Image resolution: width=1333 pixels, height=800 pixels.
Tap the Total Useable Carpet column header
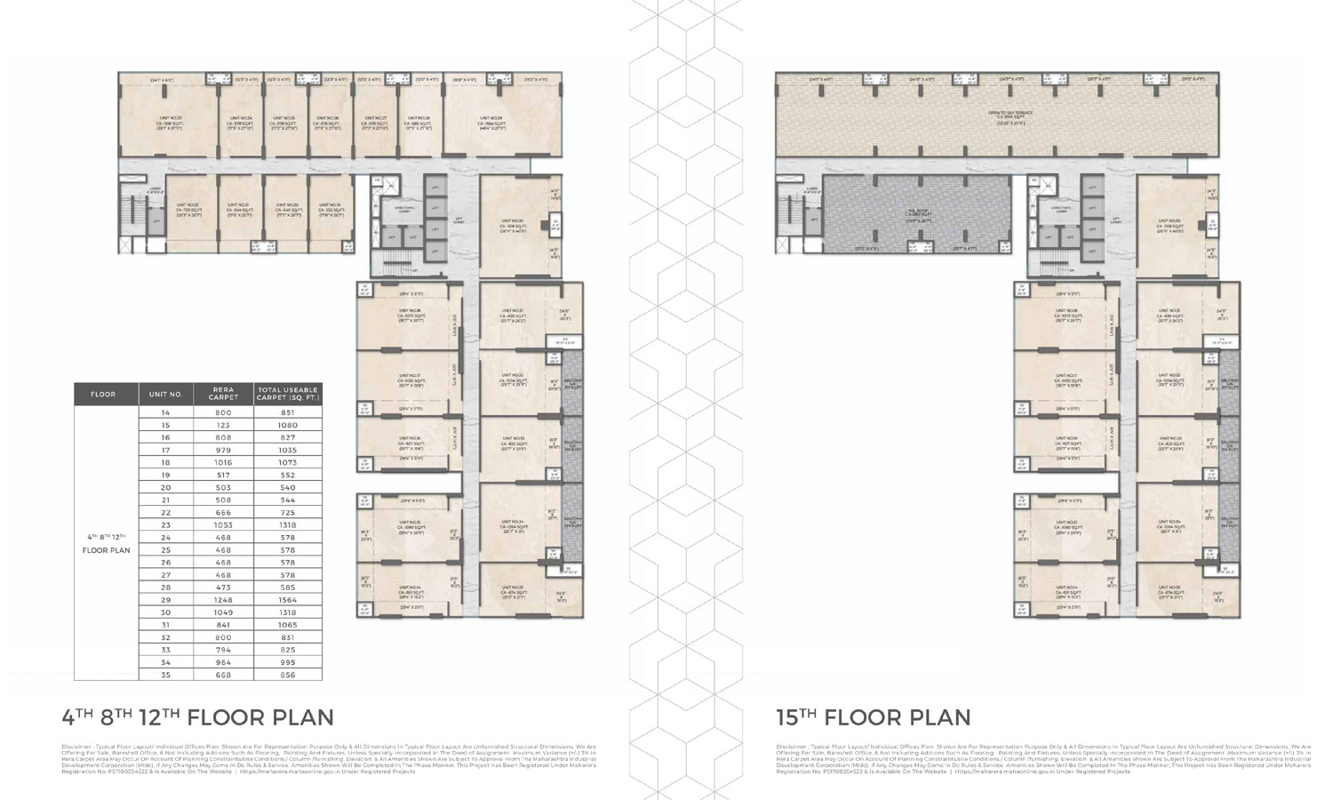pyautogui.click(x=287, y=394)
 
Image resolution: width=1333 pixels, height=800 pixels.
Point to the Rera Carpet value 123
pyautogui.click(x=223, y=425)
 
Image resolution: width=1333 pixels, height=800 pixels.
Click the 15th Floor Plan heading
pyautogui.click(x=873, y=717)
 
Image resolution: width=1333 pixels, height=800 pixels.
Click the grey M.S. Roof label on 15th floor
pyautogui.click(x=916, y=211)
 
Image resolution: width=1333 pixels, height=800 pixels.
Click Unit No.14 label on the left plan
pyautogui.click(x=410, y=588)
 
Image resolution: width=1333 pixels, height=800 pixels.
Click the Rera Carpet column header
pyautogui.click(x=223, y=394)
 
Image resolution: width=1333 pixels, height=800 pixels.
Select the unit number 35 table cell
pyautogui.click(x=165, y=674)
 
